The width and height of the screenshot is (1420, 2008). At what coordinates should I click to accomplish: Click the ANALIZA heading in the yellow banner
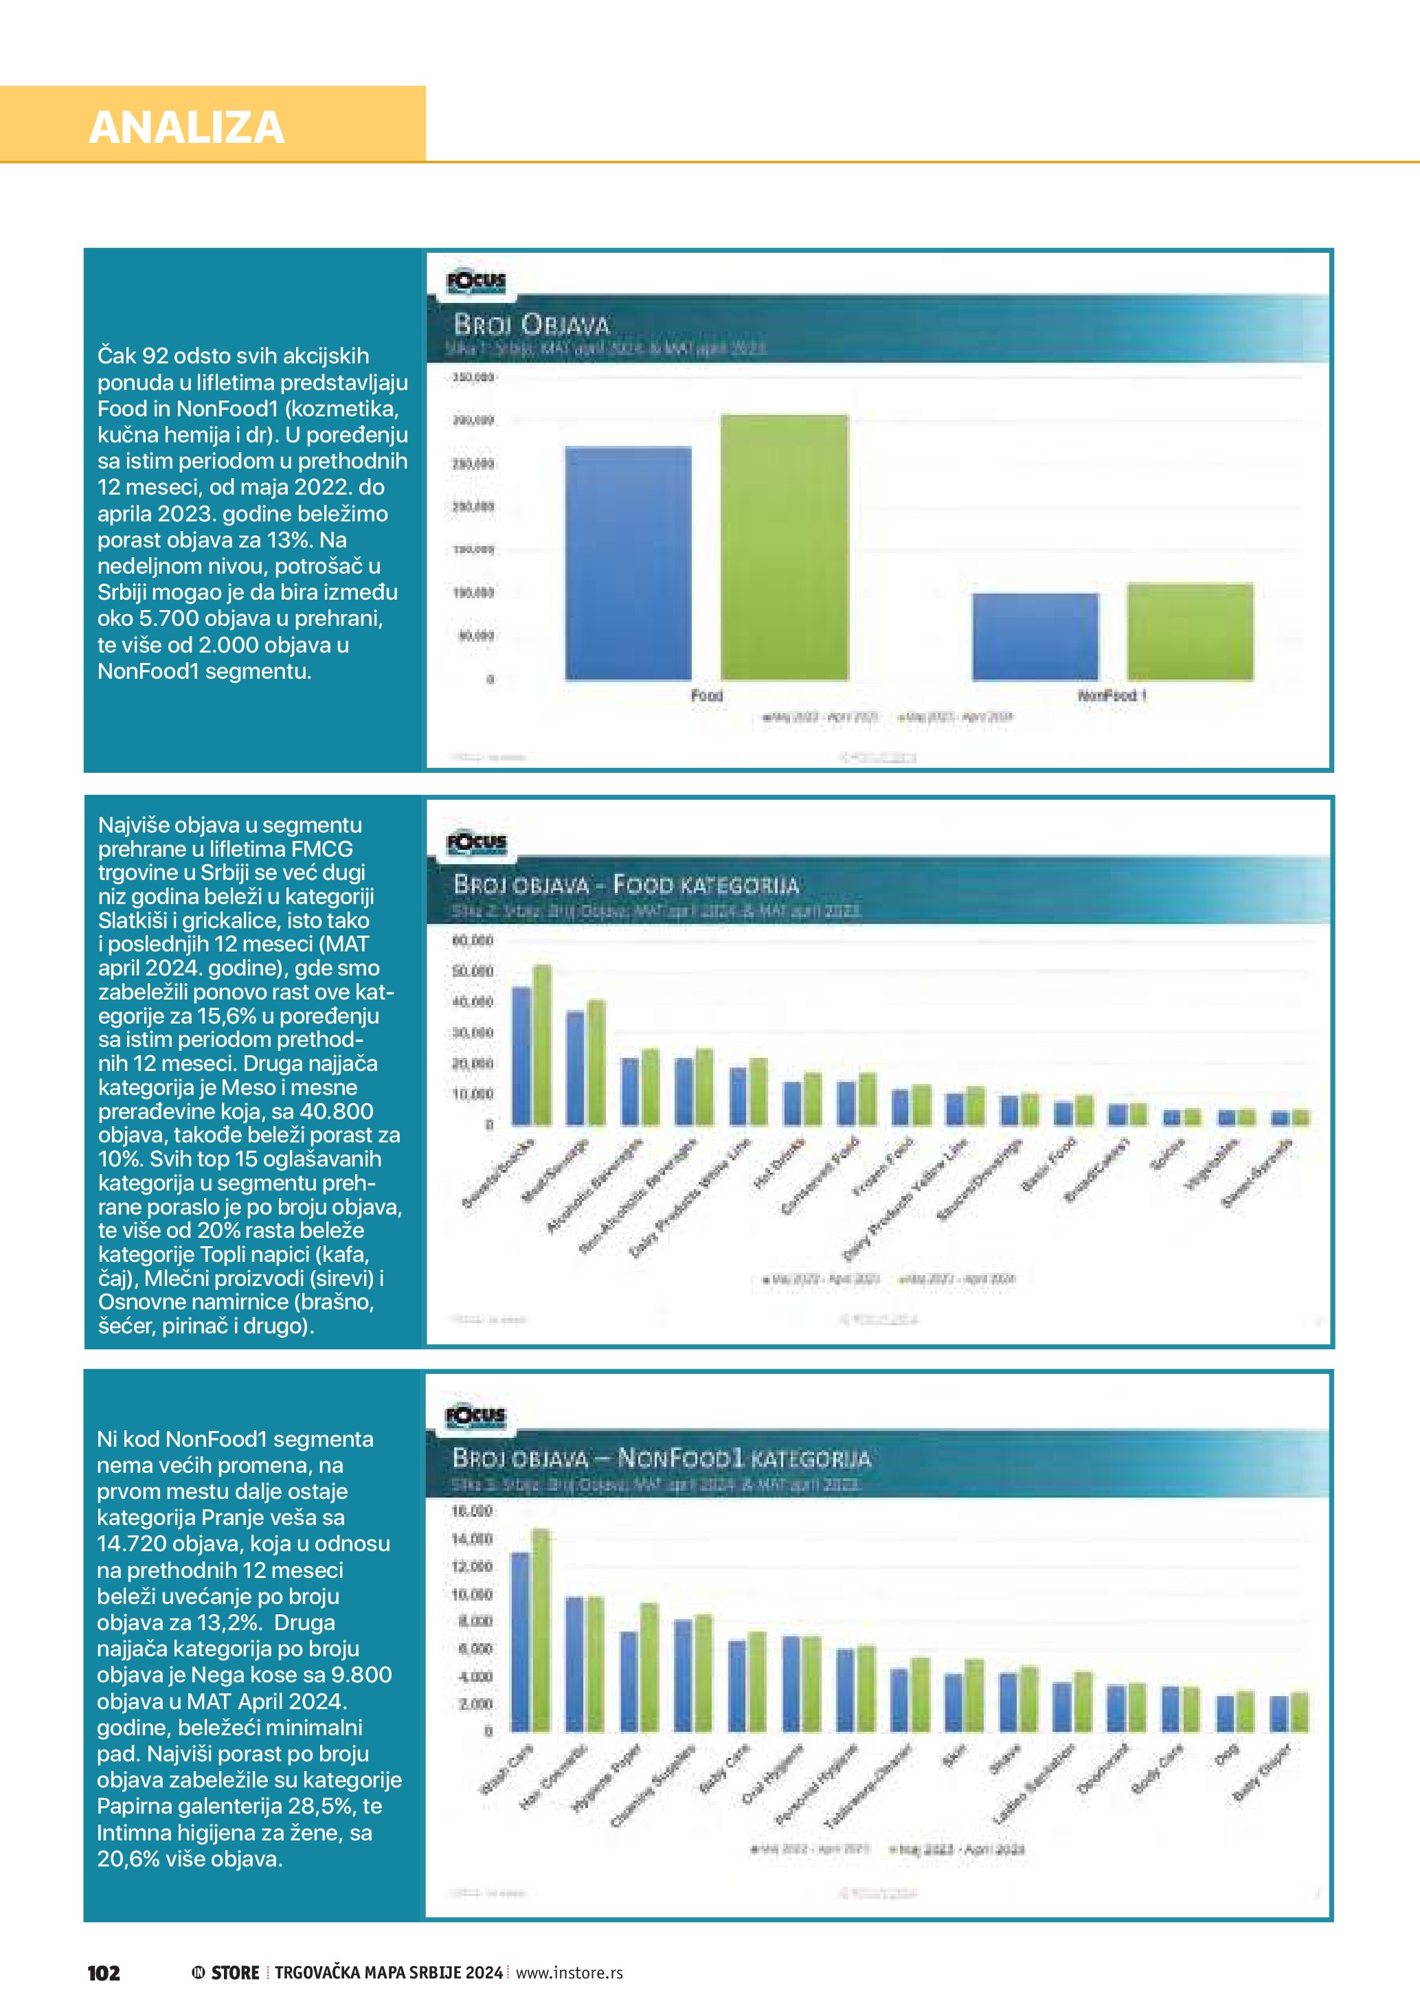186,128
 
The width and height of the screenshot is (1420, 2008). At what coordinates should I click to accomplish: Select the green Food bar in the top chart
783,548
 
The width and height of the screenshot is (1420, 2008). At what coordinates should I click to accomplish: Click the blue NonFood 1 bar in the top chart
1035,637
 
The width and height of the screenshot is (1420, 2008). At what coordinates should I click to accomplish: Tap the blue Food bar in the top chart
628,563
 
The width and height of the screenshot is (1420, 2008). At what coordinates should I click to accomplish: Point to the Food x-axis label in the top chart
706,695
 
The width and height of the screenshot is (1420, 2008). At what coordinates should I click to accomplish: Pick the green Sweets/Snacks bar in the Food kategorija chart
542,1044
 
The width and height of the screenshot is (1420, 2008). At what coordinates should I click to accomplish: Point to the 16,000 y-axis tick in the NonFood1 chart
472,1511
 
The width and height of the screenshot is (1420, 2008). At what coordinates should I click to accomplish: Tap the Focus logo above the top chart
475,282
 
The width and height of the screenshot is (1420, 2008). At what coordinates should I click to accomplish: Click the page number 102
103,1972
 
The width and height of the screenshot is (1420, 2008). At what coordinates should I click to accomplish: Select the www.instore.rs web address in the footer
570,1972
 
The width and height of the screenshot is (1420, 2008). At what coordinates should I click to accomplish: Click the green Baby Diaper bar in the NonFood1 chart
1299,1711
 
